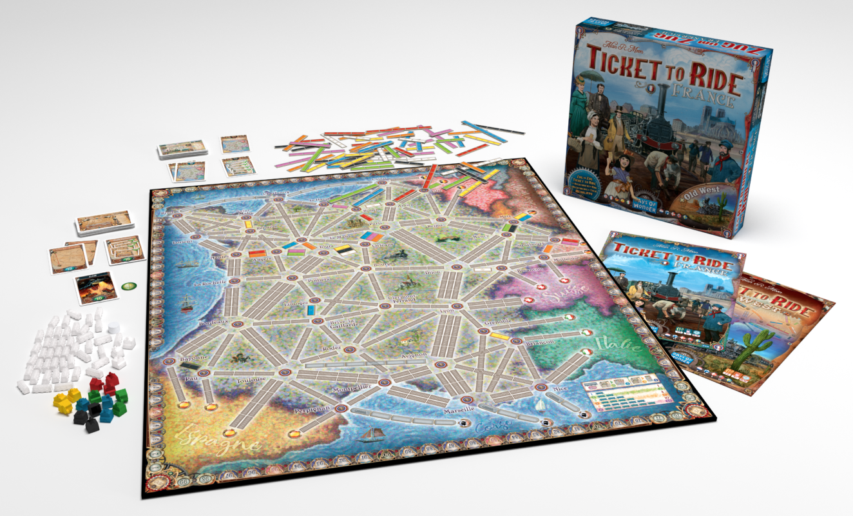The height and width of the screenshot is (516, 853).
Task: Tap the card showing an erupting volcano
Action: coord(96,288)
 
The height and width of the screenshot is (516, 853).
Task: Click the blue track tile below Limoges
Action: coord(312,310)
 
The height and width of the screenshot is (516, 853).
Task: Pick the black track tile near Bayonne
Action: coord(189,366)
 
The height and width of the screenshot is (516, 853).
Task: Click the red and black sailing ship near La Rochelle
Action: coord(187,303)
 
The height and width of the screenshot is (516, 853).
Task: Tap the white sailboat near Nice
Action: coord(541,404)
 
